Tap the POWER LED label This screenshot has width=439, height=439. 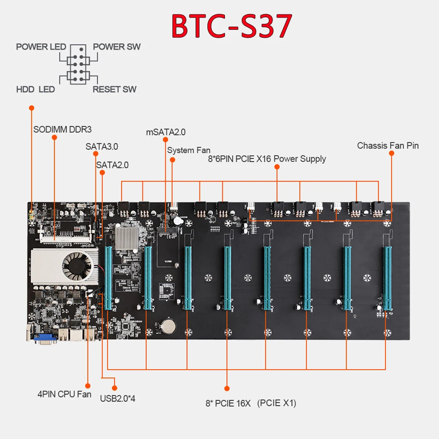tap(41, 46)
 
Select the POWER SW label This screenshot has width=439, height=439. tap(117, 46)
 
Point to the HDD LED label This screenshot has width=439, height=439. tap(35, 89)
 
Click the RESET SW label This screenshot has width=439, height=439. tap(114, 89)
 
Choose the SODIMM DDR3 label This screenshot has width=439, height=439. tap(62, 129)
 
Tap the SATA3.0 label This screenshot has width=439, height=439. tap(102, 146)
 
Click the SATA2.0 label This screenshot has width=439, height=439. tap(112, 165)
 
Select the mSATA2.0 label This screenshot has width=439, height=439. tap(166, 132)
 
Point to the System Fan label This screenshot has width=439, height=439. tap(189, 150)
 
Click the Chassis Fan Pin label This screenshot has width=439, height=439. tap(388, 145)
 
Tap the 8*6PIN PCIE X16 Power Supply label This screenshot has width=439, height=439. tap(267, 159)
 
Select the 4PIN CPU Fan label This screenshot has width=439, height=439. tap(64, 394)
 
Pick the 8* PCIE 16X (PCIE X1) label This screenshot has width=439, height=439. tap(250, 403)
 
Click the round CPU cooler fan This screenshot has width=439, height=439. tap(78, 264)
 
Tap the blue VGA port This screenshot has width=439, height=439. tap(42, 339)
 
